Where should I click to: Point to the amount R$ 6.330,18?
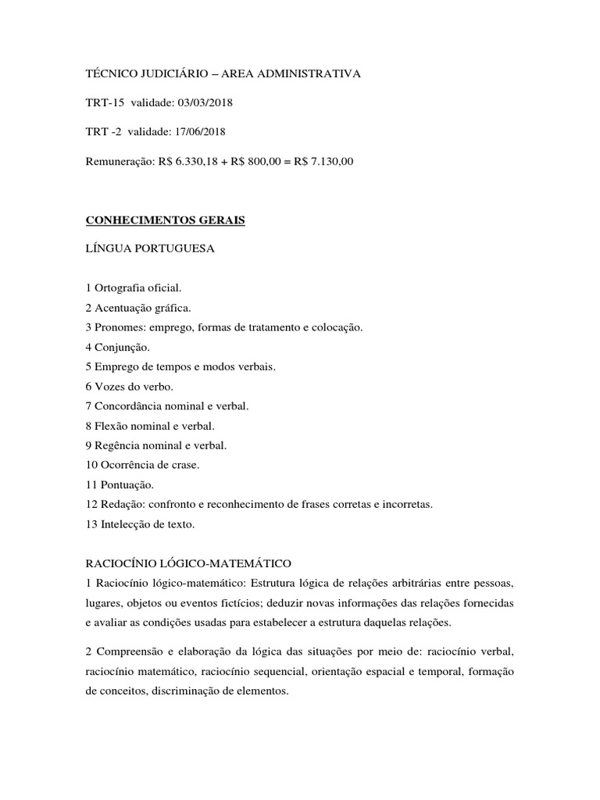[191, 162]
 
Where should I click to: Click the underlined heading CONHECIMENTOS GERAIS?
[165, 221]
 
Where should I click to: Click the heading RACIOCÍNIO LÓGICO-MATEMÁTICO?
[187, 562]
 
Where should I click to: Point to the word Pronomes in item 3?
[116, 327]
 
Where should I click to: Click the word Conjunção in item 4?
[121, 347]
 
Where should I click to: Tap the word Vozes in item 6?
[107, 386]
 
